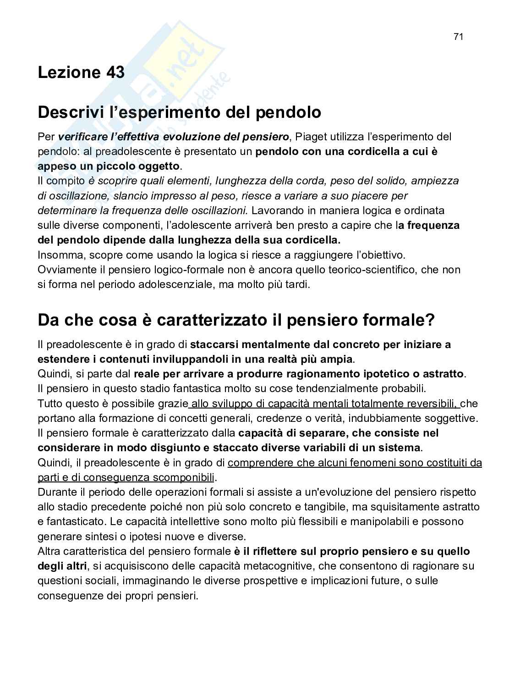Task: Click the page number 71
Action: (459, 37)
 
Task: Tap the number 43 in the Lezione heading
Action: (115, 72)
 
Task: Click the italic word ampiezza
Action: (435, 181)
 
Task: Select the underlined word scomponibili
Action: (183, 477)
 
